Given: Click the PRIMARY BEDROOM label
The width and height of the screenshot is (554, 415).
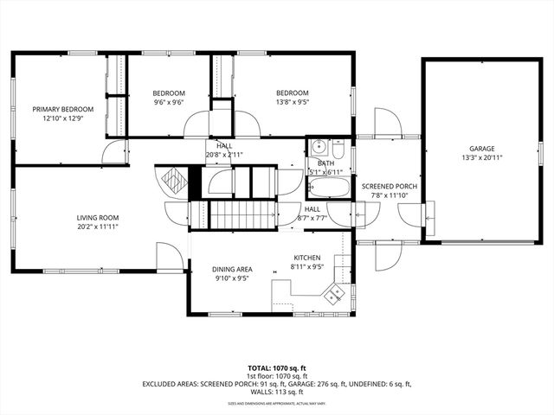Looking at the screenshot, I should click(56, 109).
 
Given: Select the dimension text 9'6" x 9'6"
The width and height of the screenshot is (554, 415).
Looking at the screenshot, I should click(169, 102).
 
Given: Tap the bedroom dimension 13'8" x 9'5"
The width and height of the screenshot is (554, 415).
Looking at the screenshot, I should click(293, 102).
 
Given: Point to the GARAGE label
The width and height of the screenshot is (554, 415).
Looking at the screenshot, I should click(482, 149).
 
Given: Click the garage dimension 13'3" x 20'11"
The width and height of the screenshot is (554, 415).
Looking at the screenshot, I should click(482, 157).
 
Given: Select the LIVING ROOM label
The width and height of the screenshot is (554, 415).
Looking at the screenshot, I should click(97, 218).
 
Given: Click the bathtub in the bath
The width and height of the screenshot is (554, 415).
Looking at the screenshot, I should click(328, 188).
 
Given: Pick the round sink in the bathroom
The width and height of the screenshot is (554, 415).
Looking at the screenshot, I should click(319, 146).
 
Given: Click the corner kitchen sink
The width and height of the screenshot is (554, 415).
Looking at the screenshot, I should click(332, 296).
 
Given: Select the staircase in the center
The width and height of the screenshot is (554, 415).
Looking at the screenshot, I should click(242, 214).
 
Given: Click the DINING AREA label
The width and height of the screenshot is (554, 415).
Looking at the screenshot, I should click(233, 270).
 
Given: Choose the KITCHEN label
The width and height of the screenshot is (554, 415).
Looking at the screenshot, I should click(306, 258).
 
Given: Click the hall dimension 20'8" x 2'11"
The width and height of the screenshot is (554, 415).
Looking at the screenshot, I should click(224, 155).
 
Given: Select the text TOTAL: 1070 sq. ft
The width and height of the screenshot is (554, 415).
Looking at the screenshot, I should click(277, 367).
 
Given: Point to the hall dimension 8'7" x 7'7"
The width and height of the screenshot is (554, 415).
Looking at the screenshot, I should click(312, 218).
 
